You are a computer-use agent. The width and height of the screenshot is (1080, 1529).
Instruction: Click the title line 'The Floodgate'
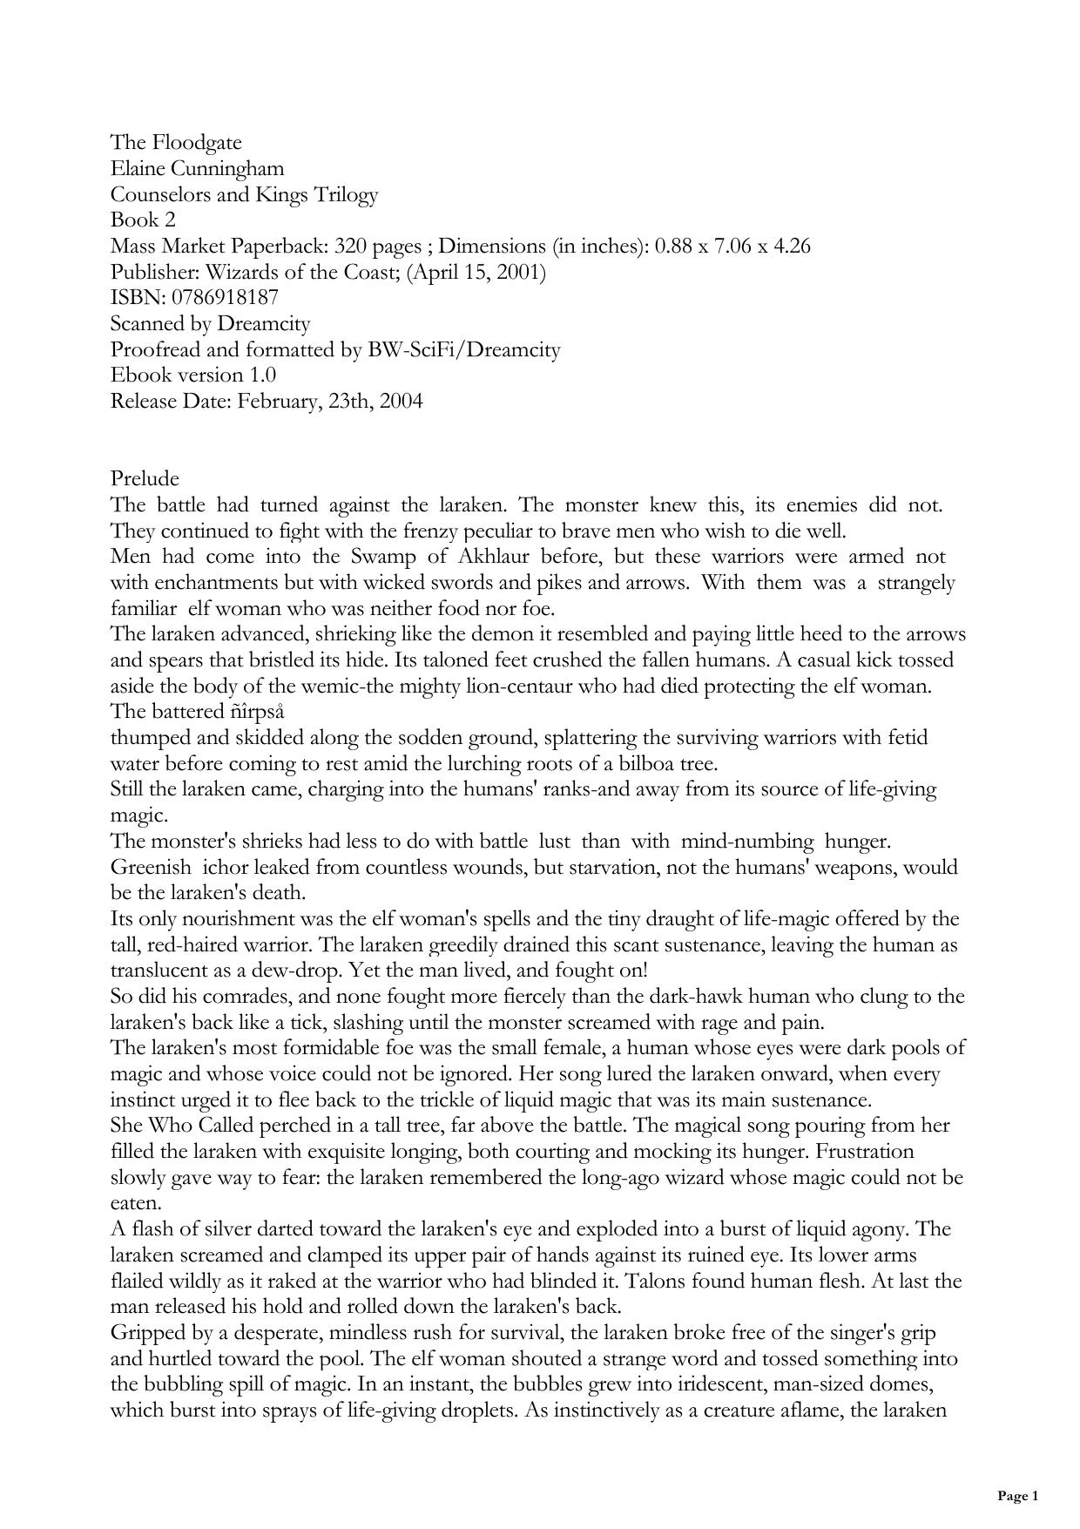point(176,142)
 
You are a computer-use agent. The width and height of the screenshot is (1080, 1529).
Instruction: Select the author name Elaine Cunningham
point(197,168)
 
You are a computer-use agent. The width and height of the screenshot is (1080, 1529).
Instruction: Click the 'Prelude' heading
point(145,478)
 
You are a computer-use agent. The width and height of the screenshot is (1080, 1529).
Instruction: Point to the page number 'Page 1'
point(1017,1497)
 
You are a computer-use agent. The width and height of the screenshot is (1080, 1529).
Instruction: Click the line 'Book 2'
point(143,220)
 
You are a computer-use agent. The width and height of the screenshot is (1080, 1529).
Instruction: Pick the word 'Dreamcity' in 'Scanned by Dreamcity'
point(263,323)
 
